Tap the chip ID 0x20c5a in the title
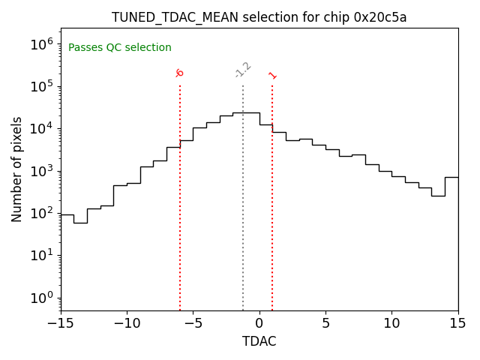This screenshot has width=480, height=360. coord(379,17)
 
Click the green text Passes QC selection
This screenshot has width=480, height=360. coord(120,48)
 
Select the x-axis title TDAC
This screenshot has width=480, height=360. coord(259,341)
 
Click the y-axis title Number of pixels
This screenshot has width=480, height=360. coord(17,169)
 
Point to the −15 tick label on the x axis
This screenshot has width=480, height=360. coord(61,323)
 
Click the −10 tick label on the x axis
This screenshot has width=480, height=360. coord(127,323)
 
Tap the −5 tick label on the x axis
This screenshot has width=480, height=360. coord(193,323)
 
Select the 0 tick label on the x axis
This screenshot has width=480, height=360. coord(259,323)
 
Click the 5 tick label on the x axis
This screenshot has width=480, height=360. coord(325,323)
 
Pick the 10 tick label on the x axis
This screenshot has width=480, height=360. coord(391,323)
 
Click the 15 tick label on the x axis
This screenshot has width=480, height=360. coord(457,323)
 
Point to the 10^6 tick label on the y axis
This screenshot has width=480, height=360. coord(42,44)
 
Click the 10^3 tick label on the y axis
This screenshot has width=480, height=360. coord(42,171)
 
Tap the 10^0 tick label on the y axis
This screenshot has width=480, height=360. coord(42,298)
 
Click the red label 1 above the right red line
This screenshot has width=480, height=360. coord(272,76)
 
